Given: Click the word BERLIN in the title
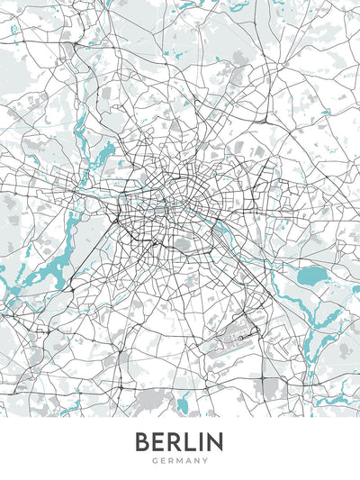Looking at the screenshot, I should [x=179, y=442].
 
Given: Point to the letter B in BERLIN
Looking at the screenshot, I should [x=143, y=442].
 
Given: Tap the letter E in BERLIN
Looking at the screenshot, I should [x=157, y=442].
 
